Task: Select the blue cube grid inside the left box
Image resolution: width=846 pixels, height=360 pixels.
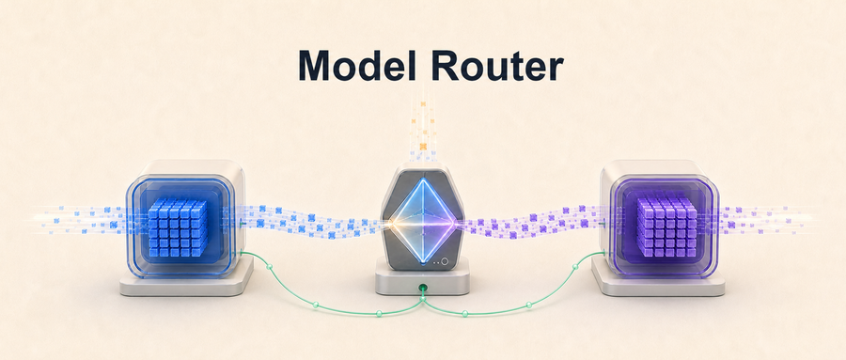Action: tap(177, 227)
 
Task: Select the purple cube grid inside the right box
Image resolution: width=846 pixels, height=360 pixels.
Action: tap(666, 227)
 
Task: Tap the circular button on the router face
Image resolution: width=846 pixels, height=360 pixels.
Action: tap(445, 261)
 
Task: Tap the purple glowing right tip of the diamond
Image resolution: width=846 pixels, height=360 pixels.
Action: tap(458, 222)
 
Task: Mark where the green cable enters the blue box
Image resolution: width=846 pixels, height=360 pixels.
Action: tap(239, 253)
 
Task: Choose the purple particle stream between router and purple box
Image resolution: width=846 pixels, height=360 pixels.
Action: tap(531, 222)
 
